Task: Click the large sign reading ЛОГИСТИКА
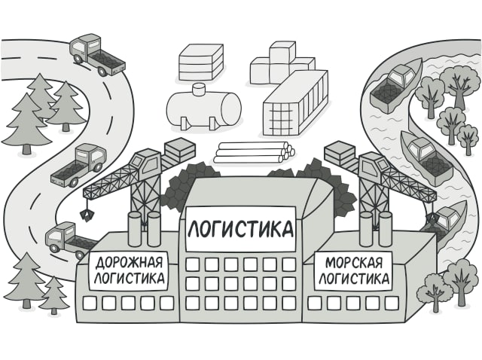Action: pyautogui.click(x=240, y=229)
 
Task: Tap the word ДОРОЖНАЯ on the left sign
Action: pyautogui.click(x=129, y=263)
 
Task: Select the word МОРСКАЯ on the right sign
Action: pyautogui.click(x=353, y=263)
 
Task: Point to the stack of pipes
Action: pyautogui.click(x=254, y=152)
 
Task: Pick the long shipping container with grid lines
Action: pyautogui.click(x=296, y=103)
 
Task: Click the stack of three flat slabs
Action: pyautogui.click(x=201, y=63)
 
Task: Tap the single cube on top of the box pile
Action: pyautogui.click(x=282, y=53)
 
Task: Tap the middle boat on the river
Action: pyautogui.click(x=427, y=157)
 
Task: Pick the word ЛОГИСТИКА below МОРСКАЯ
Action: pyautogui.click(x=354, y=278)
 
